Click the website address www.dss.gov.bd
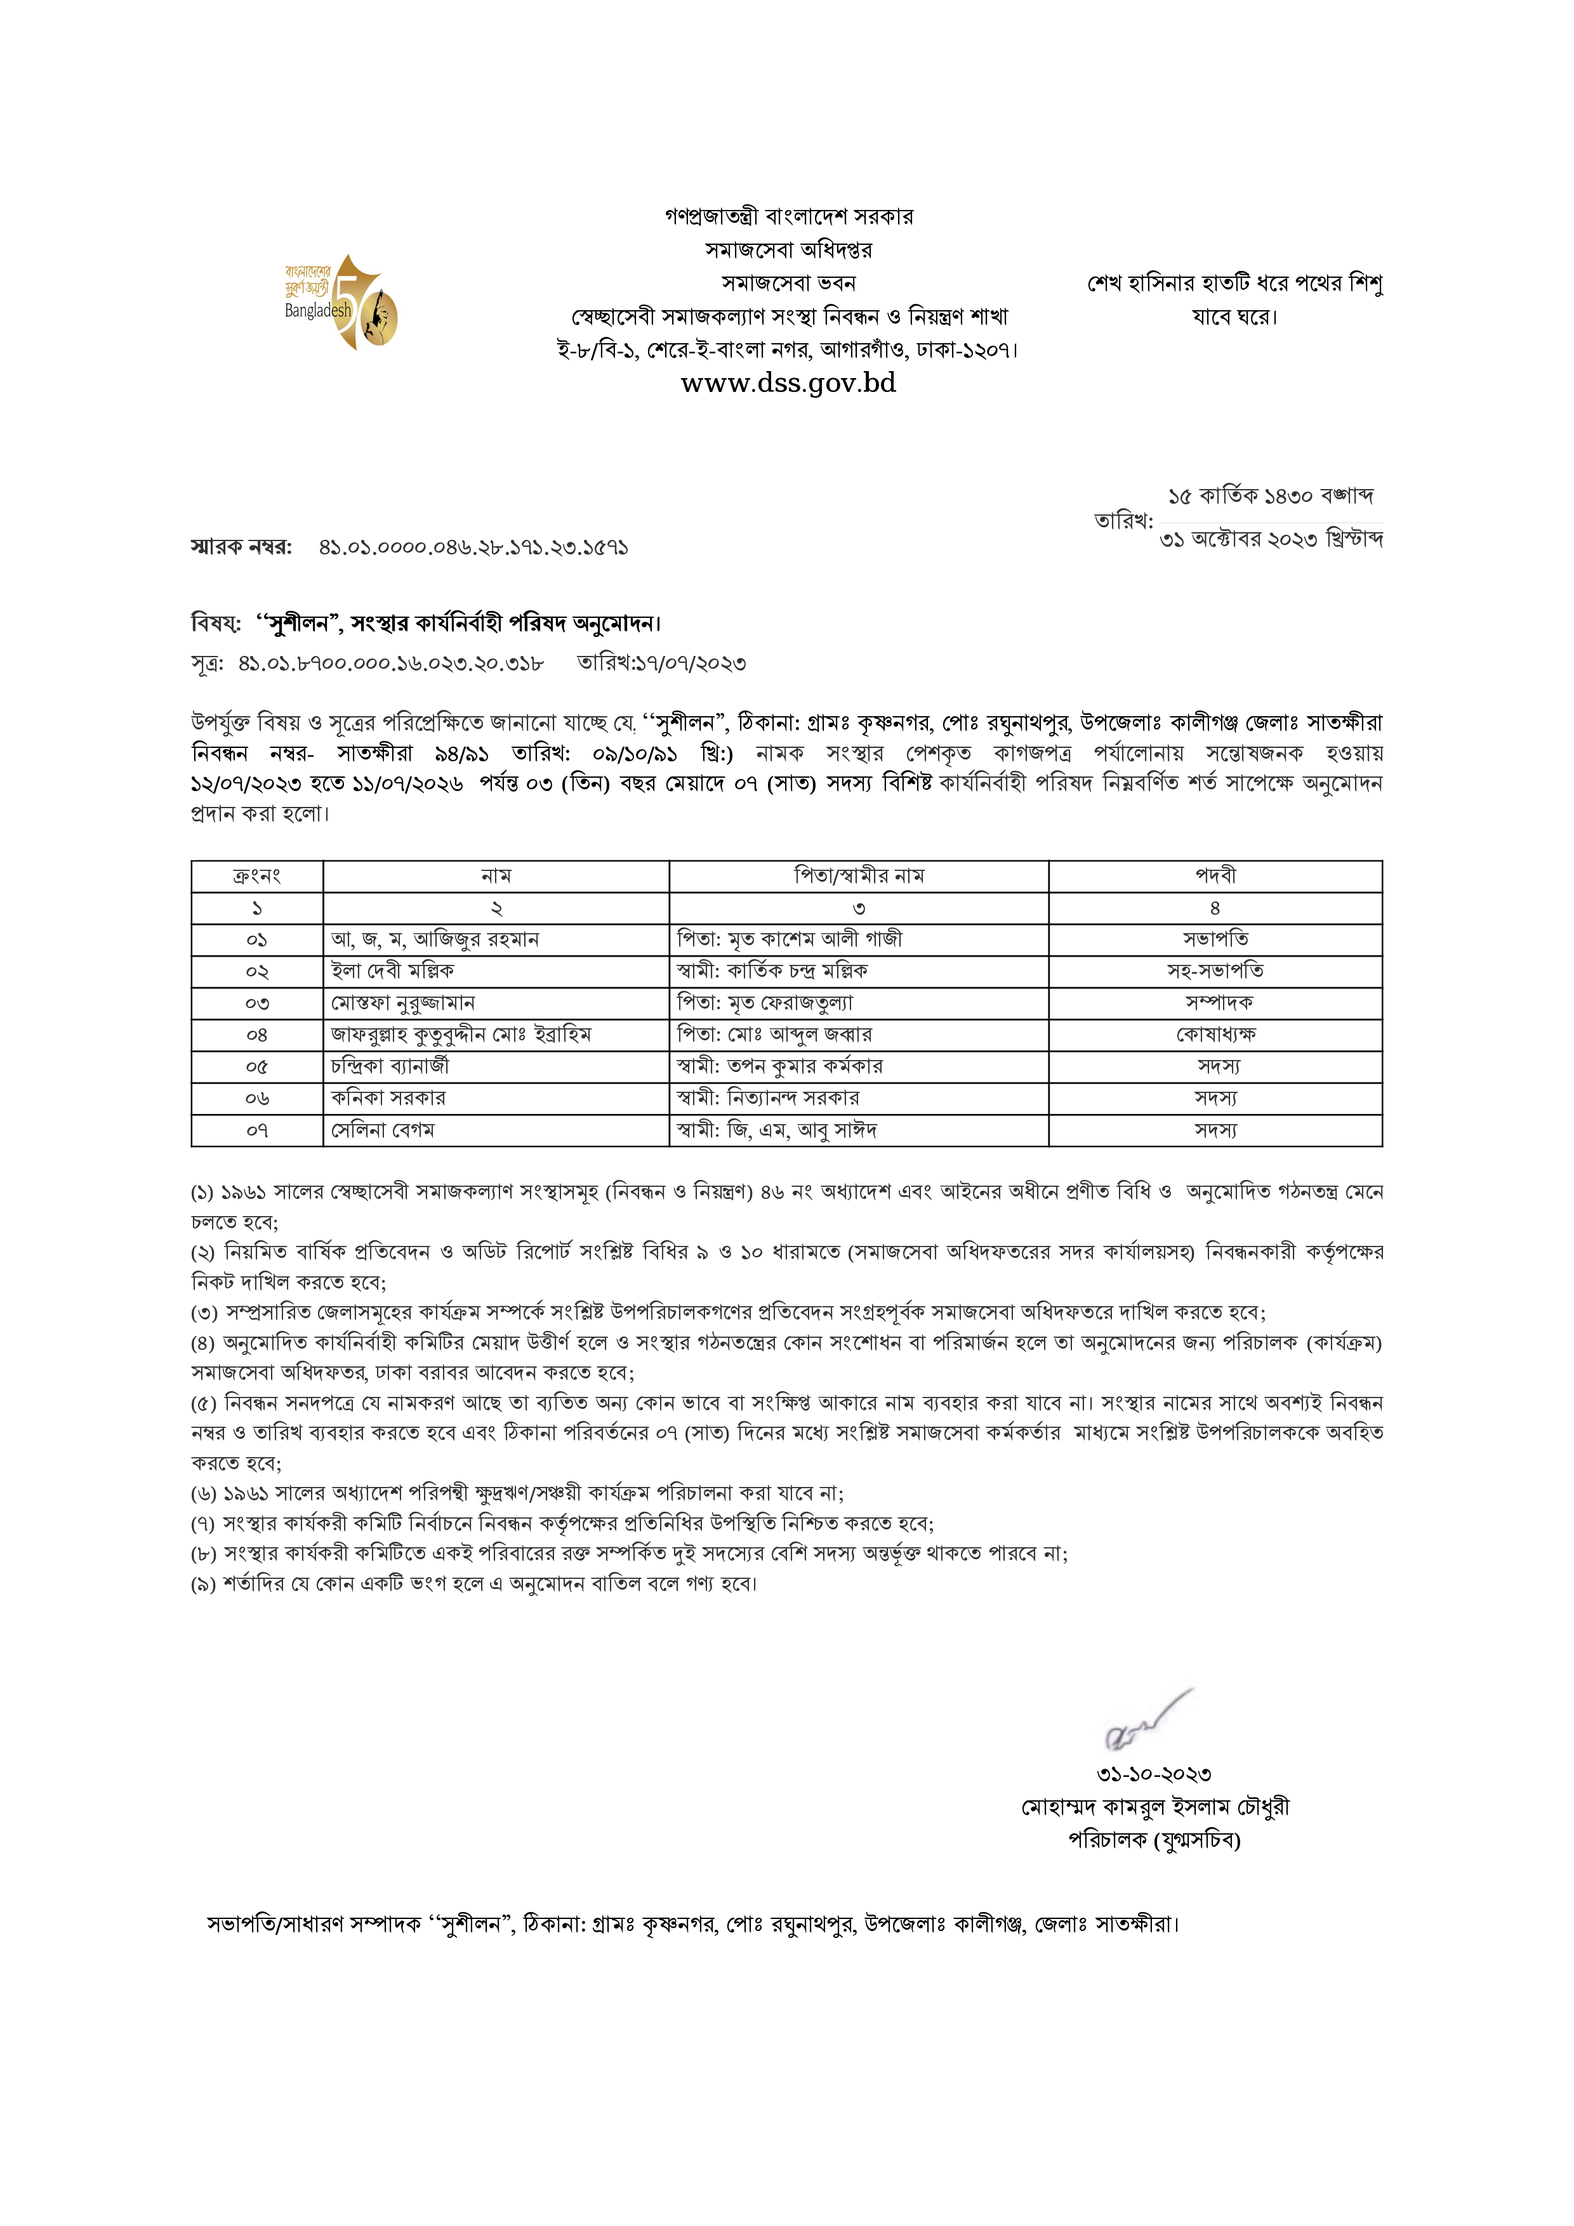point(788,383)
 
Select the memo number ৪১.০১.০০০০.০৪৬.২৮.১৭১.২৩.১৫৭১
point(473,547)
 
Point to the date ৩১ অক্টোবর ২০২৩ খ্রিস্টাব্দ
point(1271,539)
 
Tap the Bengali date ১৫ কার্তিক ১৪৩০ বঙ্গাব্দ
point(1271,496)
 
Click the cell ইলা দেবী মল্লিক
point(393,971)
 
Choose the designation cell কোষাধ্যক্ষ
point(1215,1035)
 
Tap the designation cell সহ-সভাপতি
point(1215,971)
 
